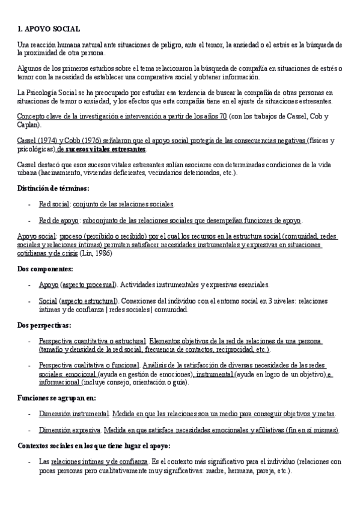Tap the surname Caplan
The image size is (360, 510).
(28, 124)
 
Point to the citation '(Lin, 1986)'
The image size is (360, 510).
(96, 253)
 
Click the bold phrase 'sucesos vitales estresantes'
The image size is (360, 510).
(114, 148)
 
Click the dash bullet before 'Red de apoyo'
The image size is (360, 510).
(30, 220)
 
